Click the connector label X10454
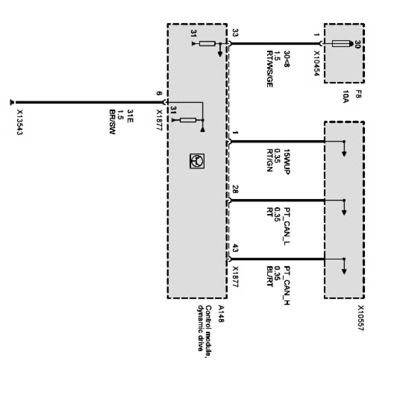317,64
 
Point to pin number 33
235,32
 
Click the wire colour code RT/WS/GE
269,69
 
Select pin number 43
235,248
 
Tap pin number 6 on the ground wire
159,93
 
